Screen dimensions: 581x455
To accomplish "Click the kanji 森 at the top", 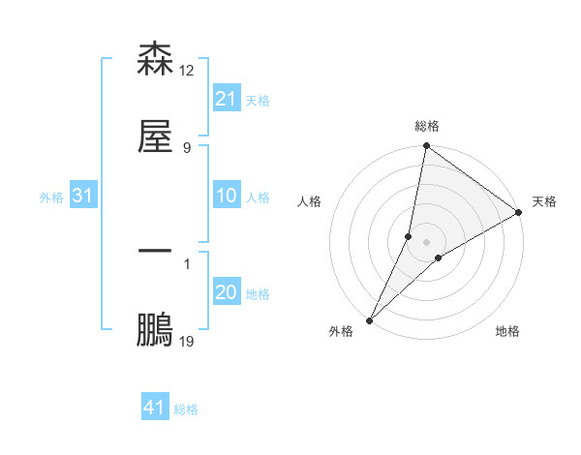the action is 155,60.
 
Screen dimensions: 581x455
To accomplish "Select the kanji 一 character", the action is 155,251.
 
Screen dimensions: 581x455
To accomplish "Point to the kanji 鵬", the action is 155,330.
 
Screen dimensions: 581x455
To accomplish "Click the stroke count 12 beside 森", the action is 187,71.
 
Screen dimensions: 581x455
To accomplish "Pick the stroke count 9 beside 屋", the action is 186,147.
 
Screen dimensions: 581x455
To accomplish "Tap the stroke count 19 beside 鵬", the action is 187,341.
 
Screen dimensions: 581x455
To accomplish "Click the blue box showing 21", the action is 226,99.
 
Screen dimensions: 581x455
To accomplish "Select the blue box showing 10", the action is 226,196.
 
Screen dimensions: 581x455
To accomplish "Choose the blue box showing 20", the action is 226,292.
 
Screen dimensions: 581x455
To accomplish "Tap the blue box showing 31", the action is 83,196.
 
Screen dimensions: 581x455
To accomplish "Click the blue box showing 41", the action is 155,408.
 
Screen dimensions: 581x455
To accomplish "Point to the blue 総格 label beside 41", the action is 186,409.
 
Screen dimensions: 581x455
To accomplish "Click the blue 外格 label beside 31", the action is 51,197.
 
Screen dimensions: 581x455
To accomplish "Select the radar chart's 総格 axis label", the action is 427,126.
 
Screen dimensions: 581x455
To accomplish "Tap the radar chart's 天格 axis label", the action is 544,201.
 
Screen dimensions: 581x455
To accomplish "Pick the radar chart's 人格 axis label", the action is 310,201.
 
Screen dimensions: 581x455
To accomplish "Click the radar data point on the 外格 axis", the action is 369,320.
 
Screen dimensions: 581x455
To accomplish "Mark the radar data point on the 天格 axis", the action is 519,212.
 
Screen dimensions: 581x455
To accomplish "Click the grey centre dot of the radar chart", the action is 427,242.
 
